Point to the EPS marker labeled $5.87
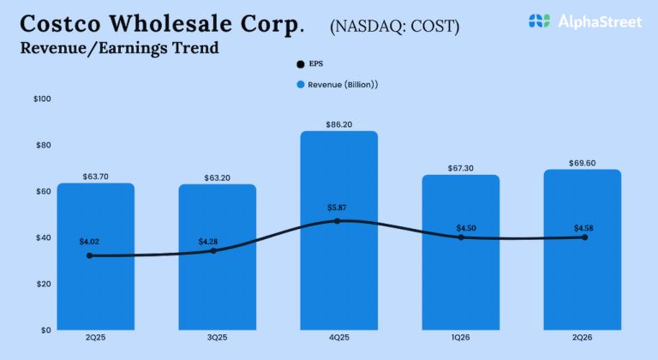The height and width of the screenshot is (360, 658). pos(338,220)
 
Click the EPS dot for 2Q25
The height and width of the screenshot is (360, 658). pos(90,255)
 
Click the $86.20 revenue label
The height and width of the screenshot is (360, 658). pos(338,124)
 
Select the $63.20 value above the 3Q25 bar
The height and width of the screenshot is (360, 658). pos(217,177)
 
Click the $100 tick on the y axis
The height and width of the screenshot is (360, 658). pos(42,99)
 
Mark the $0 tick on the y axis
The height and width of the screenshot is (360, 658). pos(45,330)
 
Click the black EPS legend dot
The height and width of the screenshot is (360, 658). pos(299,64)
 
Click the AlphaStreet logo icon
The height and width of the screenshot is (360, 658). pos(539,21)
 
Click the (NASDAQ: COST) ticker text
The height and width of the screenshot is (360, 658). pos(394,27)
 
